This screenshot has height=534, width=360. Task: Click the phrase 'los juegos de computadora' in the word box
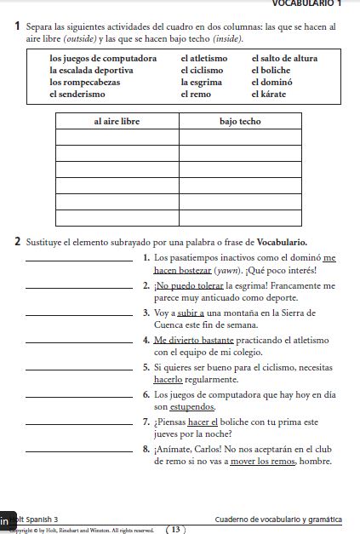[x=103, y=58]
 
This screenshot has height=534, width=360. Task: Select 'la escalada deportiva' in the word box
[x=91, y=70]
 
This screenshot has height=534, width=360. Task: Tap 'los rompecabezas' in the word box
[x=84, y=82]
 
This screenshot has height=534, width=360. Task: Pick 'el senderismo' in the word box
[x=78, y=94]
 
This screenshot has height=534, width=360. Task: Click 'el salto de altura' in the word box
[x=284, y=58]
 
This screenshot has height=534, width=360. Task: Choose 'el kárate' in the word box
[x=268, y=94]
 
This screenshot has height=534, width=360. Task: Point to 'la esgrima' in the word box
[x=201, y=82]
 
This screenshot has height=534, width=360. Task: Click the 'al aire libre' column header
[x=117, y=122]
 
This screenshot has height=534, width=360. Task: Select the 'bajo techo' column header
[x=240, y=122]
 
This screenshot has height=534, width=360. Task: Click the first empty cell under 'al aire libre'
[x=117, y=138]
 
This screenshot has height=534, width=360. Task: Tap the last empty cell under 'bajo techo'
[x=240, y=218]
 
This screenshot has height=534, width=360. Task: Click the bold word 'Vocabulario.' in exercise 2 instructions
[x=282, y=242]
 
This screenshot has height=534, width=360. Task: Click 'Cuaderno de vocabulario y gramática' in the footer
[x=278, y=519]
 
